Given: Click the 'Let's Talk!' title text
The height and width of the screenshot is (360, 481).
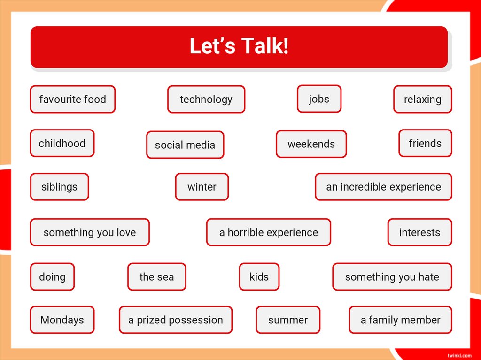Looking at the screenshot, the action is tap(239, 46).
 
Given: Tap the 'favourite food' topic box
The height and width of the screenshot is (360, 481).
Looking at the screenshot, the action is tap(73, 99).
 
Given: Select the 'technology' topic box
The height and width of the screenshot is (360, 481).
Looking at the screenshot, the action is tap(206, 99).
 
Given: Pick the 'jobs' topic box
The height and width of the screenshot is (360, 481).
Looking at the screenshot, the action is tap(319, 99).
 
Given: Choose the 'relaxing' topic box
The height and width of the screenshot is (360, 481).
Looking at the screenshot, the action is tap(422, 99).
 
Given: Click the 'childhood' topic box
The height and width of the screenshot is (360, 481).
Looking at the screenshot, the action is tap(62, 143).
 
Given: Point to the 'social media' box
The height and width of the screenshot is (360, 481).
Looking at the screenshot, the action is tap(185, 145).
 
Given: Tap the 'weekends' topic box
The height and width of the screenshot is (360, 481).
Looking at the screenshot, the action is tap(311, 144).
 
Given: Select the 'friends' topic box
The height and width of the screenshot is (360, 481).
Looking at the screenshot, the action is tap(425, 143).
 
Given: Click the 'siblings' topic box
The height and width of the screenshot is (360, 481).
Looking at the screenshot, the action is tap(59, 187).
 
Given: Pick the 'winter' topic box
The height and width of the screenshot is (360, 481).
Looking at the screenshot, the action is tap(202, 187).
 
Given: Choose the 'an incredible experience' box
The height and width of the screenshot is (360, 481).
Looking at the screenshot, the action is tap(383, 187).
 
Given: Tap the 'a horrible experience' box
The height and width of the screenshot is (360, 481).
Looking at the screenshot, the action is tap(268, 232).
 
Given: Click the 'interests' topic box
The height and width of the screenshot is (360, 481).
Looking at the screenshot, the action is tap(419, 232).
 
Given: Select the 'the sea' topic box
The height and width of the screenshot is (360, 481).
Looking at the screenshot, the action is tap(156, 277).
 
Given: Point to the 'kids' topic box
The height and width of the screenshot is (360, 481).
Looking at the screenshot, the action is tap(259, 277).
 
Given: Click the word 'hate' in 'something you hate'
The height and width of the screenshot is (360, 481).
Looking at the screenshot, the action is tap(428, 277).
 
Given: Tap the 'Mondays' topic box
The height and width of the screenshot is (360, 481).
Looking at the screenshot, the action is tap(62, 320).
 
